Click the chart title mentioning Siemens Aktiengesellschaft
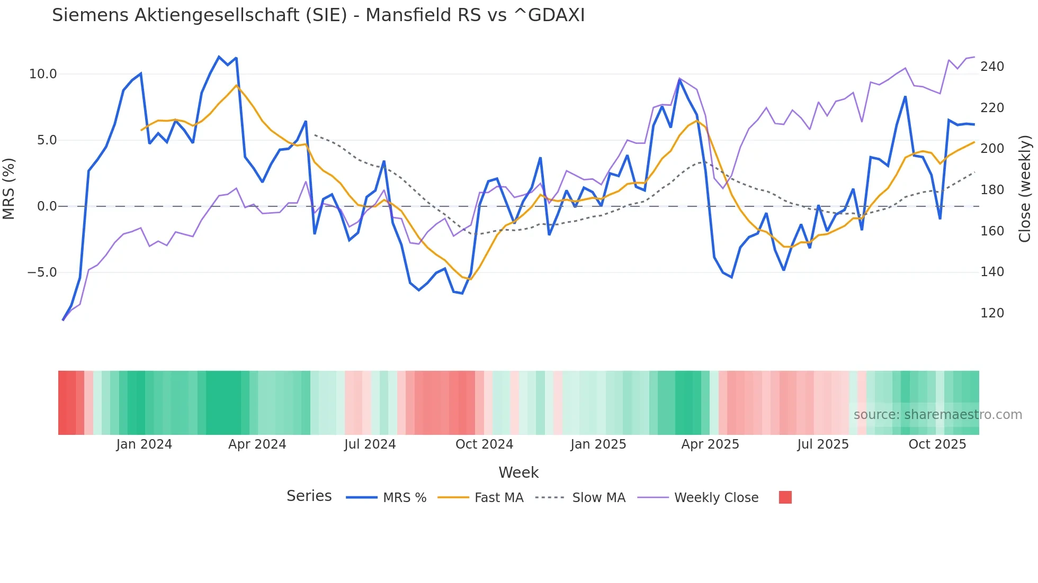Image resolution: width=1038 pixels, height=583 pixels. pyautogui.click(x=318, y=15)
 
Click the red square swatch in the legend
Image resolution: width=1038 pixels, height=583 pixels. pyautogui.click(x=785, y=497)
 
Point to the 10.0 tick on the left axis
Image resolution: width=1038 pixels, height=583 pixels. pyautogui.click(x=43, y=74)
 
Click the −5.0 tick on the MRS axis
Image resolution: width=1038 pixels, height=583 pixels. pyautogui.click(x=42, y=272)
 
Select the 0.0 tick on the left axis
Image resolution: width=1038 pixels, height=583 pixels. pyautogui.click(x=47, y=206)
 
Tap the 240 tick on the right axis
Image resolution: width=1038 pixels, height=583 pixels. pyautogui.click(x=992, y=67)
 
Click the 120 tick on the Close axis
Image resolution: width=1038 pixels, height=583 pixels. pyautogui.click(x=992, y=313)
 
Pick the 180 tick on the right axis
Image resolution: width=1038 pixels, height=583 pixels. pyautogui.click(x=992, y=190)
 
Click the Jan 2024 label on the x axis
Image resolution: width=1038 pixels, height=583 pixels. pyautogui.click(x=144, y=444)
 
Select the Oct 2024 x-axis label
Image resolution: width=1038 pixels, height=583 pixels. pyautogui.click(x=484, y=444)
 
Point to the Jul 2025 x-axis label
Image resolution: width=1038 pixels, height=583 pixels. pyautogui.click(x=822, y=444)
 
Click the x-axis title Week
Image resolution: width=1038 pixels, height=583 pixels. pyautogui.click(x=518, y=472)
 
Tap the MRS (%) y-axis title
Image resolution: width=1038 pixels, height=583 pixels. pyautogui.click(x=9, y=189)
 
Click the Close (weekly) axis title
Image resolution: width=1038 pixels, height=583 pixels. pyautogui.click(x=1025, y=189)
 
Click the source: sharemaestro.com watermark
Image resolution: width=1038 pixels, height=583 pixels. pyautogui.click(x=937, y=415)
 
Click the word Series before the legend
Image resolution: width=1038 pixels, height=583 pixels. pyautogui.click(x=309, y=496)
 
